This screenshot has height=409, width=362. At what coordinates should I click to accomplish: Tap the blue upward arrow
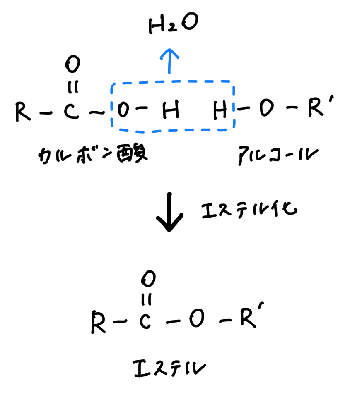pos(169,61)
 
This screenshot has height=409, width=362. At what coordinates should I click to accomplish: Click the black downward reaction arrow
pos(169,212)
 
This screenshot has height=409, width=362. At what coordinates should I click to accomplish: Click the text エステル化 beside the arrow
pos(249,210)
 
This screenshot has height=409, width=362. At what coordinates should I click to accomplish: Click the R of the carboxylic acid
pos(23,111)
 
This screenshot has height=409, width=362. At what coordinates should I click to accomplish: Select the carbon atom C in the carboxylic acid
pos(71,111)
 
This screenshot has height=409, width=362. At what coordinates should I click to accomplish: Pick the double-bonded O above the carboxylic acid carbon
pos(72,64)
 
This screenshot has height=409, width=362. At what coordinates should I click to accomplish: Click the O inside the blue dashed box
pos(123,110)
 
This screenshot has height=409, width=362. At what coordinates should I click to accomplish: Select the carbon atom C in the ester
pos(145,321)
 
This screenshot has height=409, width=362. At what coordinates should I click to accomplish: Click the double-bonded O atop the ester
pos(148,279)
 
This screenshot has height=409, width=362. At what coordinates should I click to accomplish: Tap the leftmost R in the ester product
pos(98,322)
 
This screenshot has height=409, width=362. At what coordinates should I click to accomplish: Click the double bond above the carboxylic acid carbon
pos(73,87)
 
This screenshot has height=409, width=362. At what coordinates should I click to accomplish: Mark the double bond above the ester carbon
pos(146,299)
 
